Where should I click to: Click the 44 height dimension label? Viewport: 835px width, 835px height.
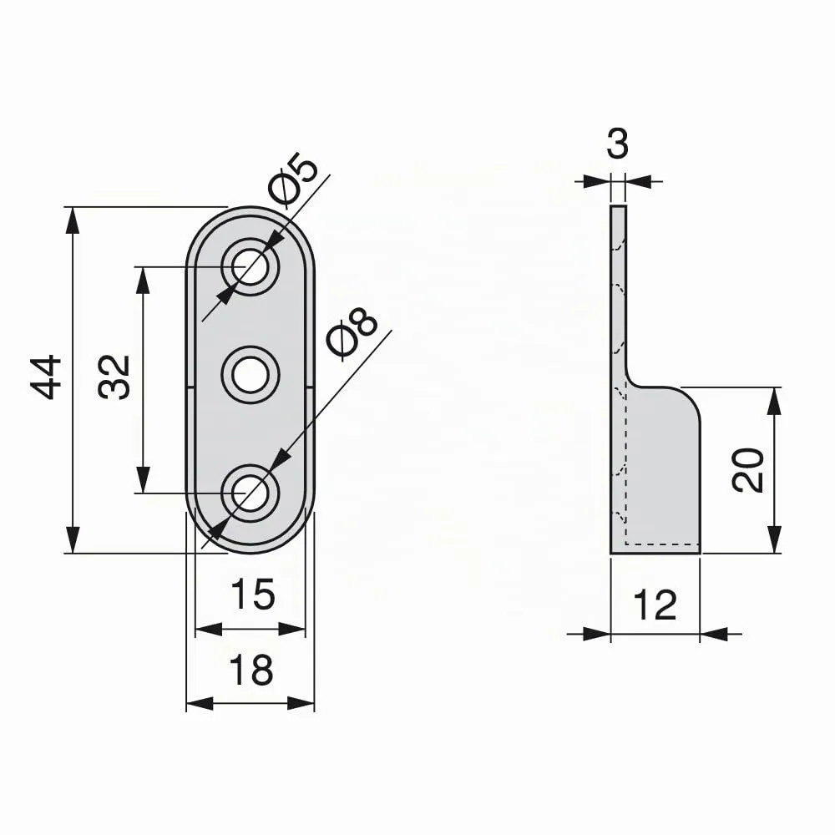(x=46, y=377)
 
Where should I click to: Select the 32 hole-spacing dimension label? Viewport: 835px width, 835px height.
(x=114, y=377)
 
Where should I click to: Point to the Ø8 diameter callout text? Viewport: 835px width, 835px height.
(x=352, y=333)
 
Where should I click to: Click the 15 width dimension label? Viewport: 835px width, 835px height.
(x=253, y=595)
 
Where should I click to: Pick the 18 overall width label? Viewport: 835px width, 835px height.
(x=251, y=670)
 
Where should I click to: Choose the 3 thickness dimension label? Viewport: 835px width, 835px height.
(x=618, y=144)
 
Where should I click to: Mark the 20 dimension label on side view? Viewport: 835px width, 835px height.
(x=747, y=469)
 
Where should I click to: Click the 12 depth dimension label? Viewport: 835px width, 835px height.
(x=655, y=605)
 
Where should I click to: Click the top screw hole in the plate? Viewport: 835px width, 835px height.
(x=250, y=266)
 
